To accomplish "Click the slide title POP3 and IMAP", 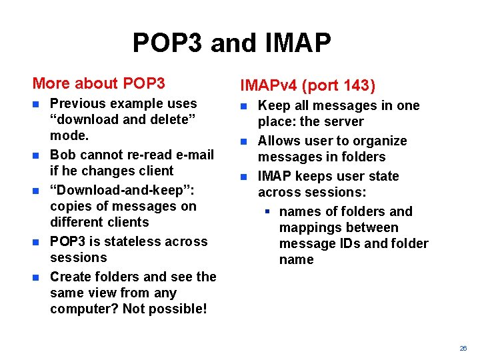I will [231, 43].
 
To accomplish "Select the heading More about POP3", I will [99, 83].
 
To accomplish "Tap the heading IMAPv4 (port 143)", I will [308, 85].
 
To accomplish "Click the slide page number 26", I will [463, 349].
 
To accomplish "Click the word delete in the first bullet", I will [167, 119].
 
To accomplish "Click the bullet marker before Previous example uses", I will [37, 104].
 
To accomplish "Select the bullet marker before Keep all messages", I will [244, 106].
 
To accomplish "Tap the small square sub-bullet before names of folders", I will [265, 211].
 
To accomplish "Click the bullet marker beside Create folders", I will [37, 277].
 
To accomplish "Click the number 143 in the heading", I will [357, 85].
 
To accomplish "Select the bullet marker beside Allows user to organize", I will [244, 141].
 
